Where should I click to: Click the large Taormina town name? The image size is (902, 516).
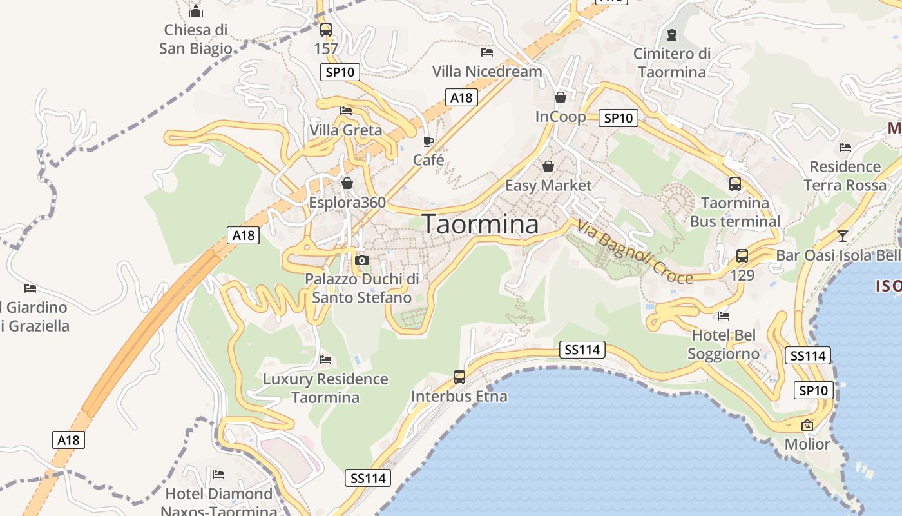(480, 224)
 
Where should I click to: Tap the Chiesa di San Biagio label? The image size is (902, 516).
(196, 39)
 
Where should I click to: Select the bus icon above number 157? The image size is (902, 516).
(326, 29)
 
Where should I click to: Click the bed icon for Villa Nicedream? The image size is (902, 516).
(487, 52)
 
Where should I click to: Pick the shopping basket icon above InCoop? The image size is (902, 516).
(561, 97)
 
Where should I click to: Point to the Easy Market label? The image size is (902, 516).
(548, 186)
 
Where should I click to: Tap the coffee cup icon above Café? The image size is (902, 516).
(428, 141)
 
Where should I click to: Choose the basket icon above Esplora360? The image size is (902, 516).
(347, 183)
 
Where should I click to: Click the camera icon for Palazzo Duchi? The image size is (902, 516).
(362, 260)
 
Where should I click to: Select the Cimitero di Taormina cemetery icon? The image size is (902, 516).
(672, 34)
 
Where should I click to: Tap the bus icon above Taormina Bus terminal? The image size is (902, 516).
(735, 184)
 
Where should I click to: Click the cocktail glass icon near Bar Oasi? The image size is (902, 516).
(842, 235)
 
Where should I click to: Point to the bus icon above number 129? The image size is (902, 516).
(742, 255)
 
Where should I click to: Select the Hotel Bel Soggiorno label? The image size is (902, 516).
(724, 344)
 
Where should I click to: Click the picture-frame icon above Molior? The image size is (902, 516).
(807, 425)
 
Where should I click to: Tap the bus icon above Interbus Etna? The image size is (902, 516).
(459, 377)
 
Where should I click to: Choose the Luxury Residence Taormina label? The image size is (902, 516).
(325, 388)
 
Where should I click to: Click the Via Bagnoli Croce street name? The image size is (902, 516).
(635, 252)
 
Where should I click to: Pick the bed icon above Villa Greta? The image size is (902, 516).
(346, 110)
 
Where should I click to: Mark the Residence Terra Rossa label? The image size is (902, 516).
(845, 176)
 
